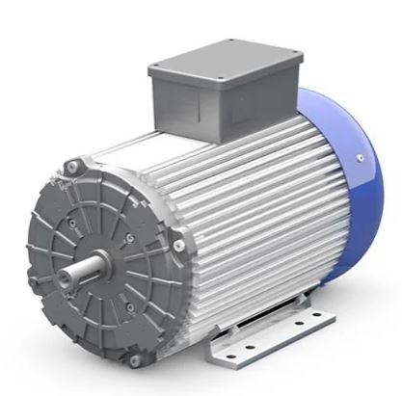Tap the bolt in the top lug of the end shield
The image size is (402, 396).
coord(70,170)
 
